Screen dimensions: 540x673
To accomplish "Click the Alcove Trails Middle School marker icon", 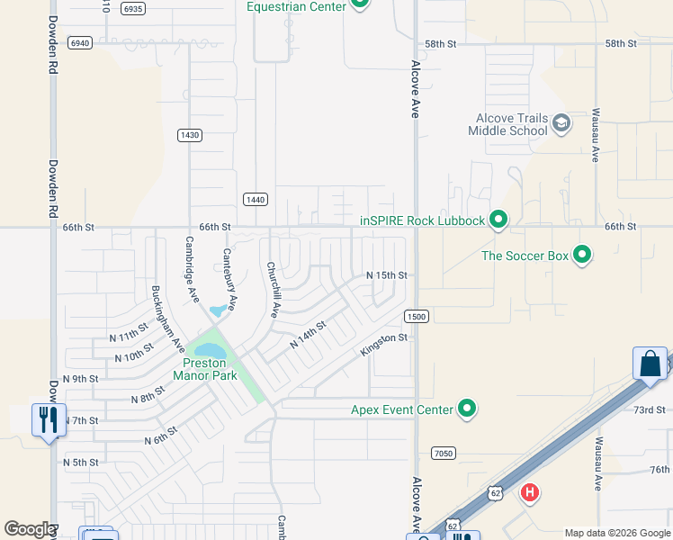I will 561,123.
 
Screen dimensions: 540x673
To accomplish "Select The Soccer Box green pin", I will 582,256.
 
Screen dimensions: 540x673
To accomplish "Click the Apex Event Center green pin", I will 466,409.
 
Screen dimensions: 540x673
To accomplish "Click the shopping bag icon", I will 650,364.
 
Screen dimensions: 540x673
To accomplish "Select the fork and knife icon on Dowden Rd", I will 49,419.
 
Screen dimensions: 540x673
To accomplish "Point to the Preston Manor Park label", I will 205,369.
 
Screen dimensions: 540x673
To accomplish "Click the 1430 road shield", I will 189,135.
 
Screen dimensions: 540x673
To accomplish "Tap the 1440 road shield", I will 255,199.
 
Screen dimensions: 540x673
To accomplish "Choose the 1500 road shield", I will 416,316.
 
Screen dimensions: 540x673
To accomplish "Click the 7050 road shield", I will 443,453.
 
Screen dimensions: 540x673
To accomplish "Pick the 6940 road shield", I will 80,43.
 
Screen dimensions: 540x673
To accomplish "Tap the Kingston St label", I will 384,344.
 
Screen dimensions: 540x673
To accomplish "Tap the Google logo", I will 30,529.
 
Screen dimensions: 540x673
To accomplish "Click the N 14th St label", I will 307,338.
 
